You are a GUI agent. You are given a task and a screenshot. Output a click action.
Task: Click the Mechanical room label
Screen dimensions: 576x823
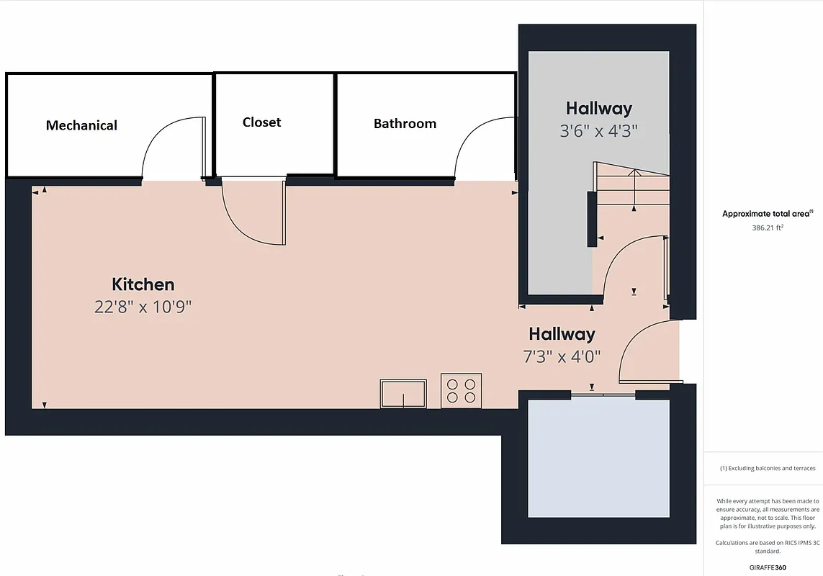tap(81, 125)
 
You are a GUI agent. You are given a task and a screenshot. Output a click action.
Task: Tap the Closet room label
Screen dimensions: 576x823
tap(261, 122)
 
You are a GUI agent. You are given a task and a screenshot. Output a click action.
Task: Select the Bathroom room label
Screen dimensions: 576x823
tap(405, 124)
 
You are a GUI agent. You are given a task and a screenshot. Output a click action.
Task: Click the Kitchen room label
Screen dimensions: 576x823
tap(143, 284)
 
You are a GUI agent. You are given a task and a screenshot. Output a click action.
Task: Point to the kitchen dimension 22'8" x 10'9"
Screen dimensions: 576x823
tap(143, 307)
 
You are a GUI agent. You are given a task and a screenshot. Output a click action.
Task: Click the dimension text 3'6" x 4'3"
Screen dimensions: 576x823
tap(599, 131)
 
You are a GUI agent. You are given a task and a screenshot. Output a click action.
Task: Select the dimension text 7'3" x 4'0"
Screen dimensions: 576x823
tap(562, 356)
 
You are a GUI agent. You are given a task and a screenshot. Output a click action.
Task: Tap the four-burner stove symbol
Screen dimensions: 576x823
tap(461, 390)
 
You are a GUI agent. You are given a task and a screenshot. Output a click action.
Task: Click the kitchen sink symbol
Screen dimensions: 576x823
tap(403, 394)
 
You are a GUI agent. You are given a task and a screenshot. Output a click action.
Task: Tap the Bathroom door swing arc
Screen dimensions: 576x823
tap(483, 148)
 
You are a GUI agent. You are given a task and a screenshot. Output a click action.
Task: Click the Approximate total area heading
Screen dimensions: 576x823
tap(767, 214)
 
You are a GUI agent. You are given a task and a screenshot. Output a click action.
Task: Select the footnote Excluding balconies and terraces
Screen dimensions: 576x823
tap(768, 469)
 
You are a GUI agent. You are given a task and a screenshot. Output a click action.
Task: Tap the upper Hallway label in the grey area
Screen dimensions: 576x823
tap(599, 109)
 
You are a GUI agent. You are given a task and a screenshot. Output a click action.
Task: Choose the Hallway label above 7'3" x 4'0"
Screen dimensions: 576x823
tap(562, 334)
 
